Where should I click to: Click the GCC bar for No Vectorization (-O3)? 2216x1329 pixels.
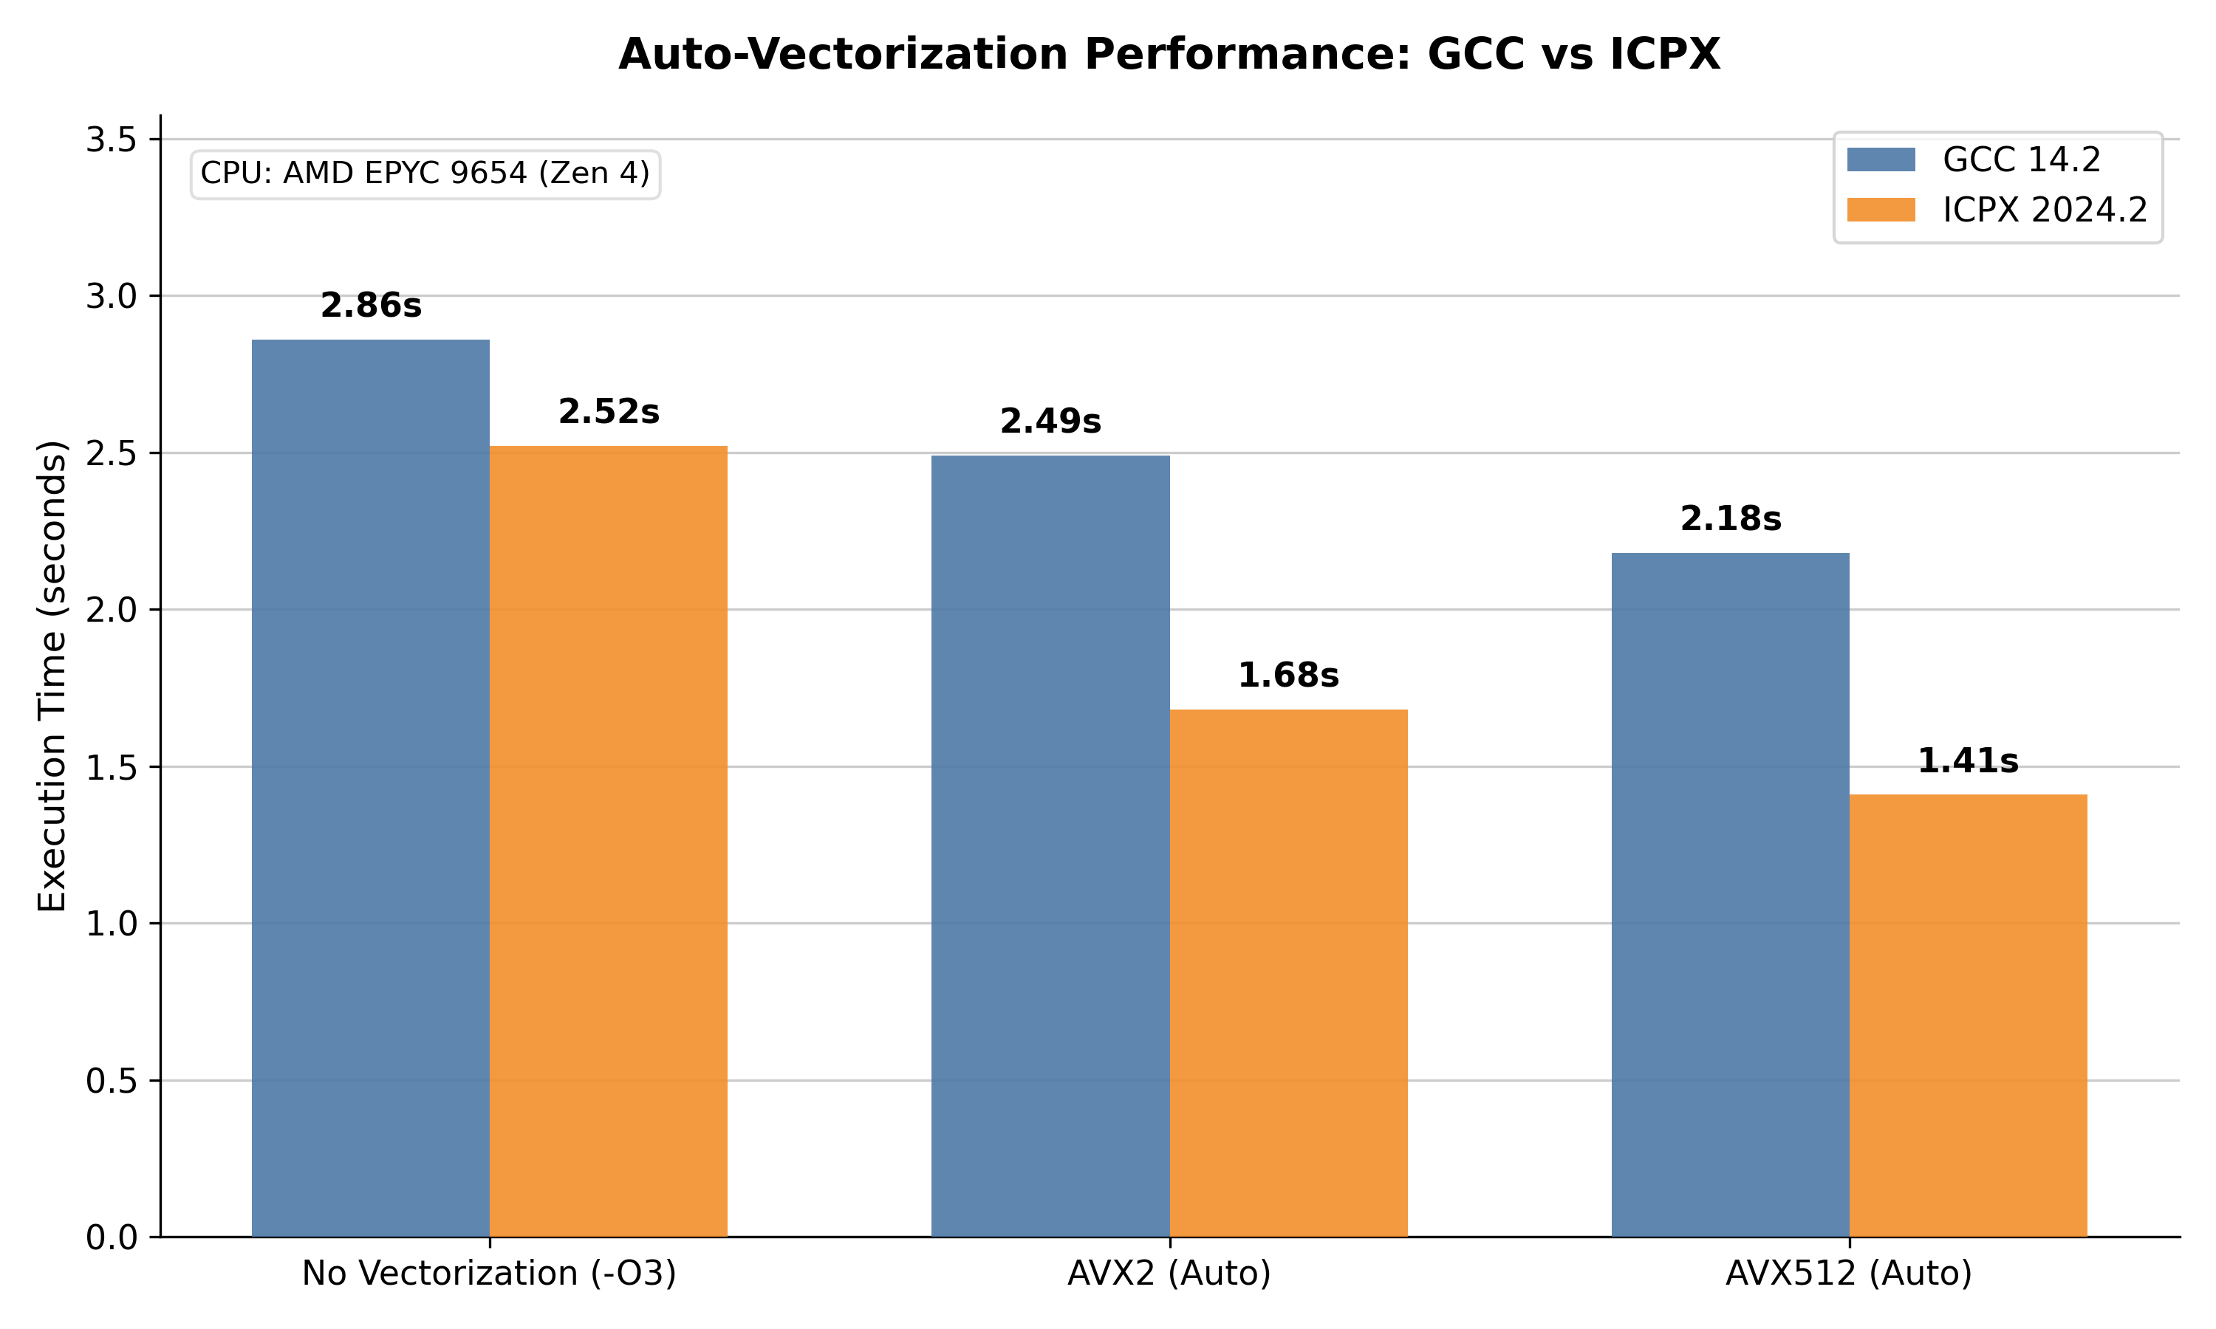[370, 788]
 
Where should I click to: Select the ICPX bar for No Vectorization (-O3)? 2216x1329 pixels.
[608, 842]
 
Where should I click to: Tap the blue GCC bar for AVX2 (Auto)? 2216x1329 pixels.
[1050, 846]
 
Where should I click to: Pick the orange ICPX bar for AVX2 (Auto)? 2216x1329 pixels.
[1288, 973]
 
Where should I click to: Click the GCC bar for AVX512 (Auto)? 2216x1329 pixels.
[1730, 896]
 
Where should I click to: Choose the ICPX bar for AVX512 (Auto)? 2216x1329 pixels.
[1968, 1015]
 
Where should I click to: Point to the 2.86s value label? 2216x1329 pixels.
[371, 306]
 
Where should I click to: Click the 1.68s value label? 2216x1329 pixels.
[1288, 676]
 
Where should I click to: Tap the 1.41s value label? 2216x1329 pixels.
[1968, 761]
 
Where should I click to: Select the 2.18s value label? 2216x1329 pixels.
[1731, 518]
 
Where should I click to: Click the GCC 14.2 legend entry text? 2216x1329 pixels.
[2022, 160]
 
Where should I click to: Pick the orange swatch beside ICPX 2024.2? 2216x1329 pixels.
[1881, 210]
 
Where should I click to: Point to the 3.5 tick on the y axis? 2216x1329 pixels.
[110, 140]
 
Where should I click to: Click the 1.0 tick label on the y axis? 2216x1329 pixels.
[110, 924]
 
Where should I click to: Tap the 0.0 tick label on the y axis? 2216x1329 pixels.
[110, 1237]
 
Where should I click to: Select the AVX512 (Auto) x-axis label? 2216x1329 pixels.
[1849, 1274]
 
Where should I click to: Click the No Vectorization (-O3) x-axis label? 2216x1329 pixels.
[489, 1274]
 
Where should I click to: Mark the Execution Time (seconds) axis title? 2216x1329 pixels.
[52, 676]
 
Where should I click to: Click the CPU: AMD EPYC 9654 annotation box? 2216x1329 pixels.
[425, 174]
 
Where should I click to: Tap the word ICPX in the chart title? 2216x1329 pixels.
[1665, 55]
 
